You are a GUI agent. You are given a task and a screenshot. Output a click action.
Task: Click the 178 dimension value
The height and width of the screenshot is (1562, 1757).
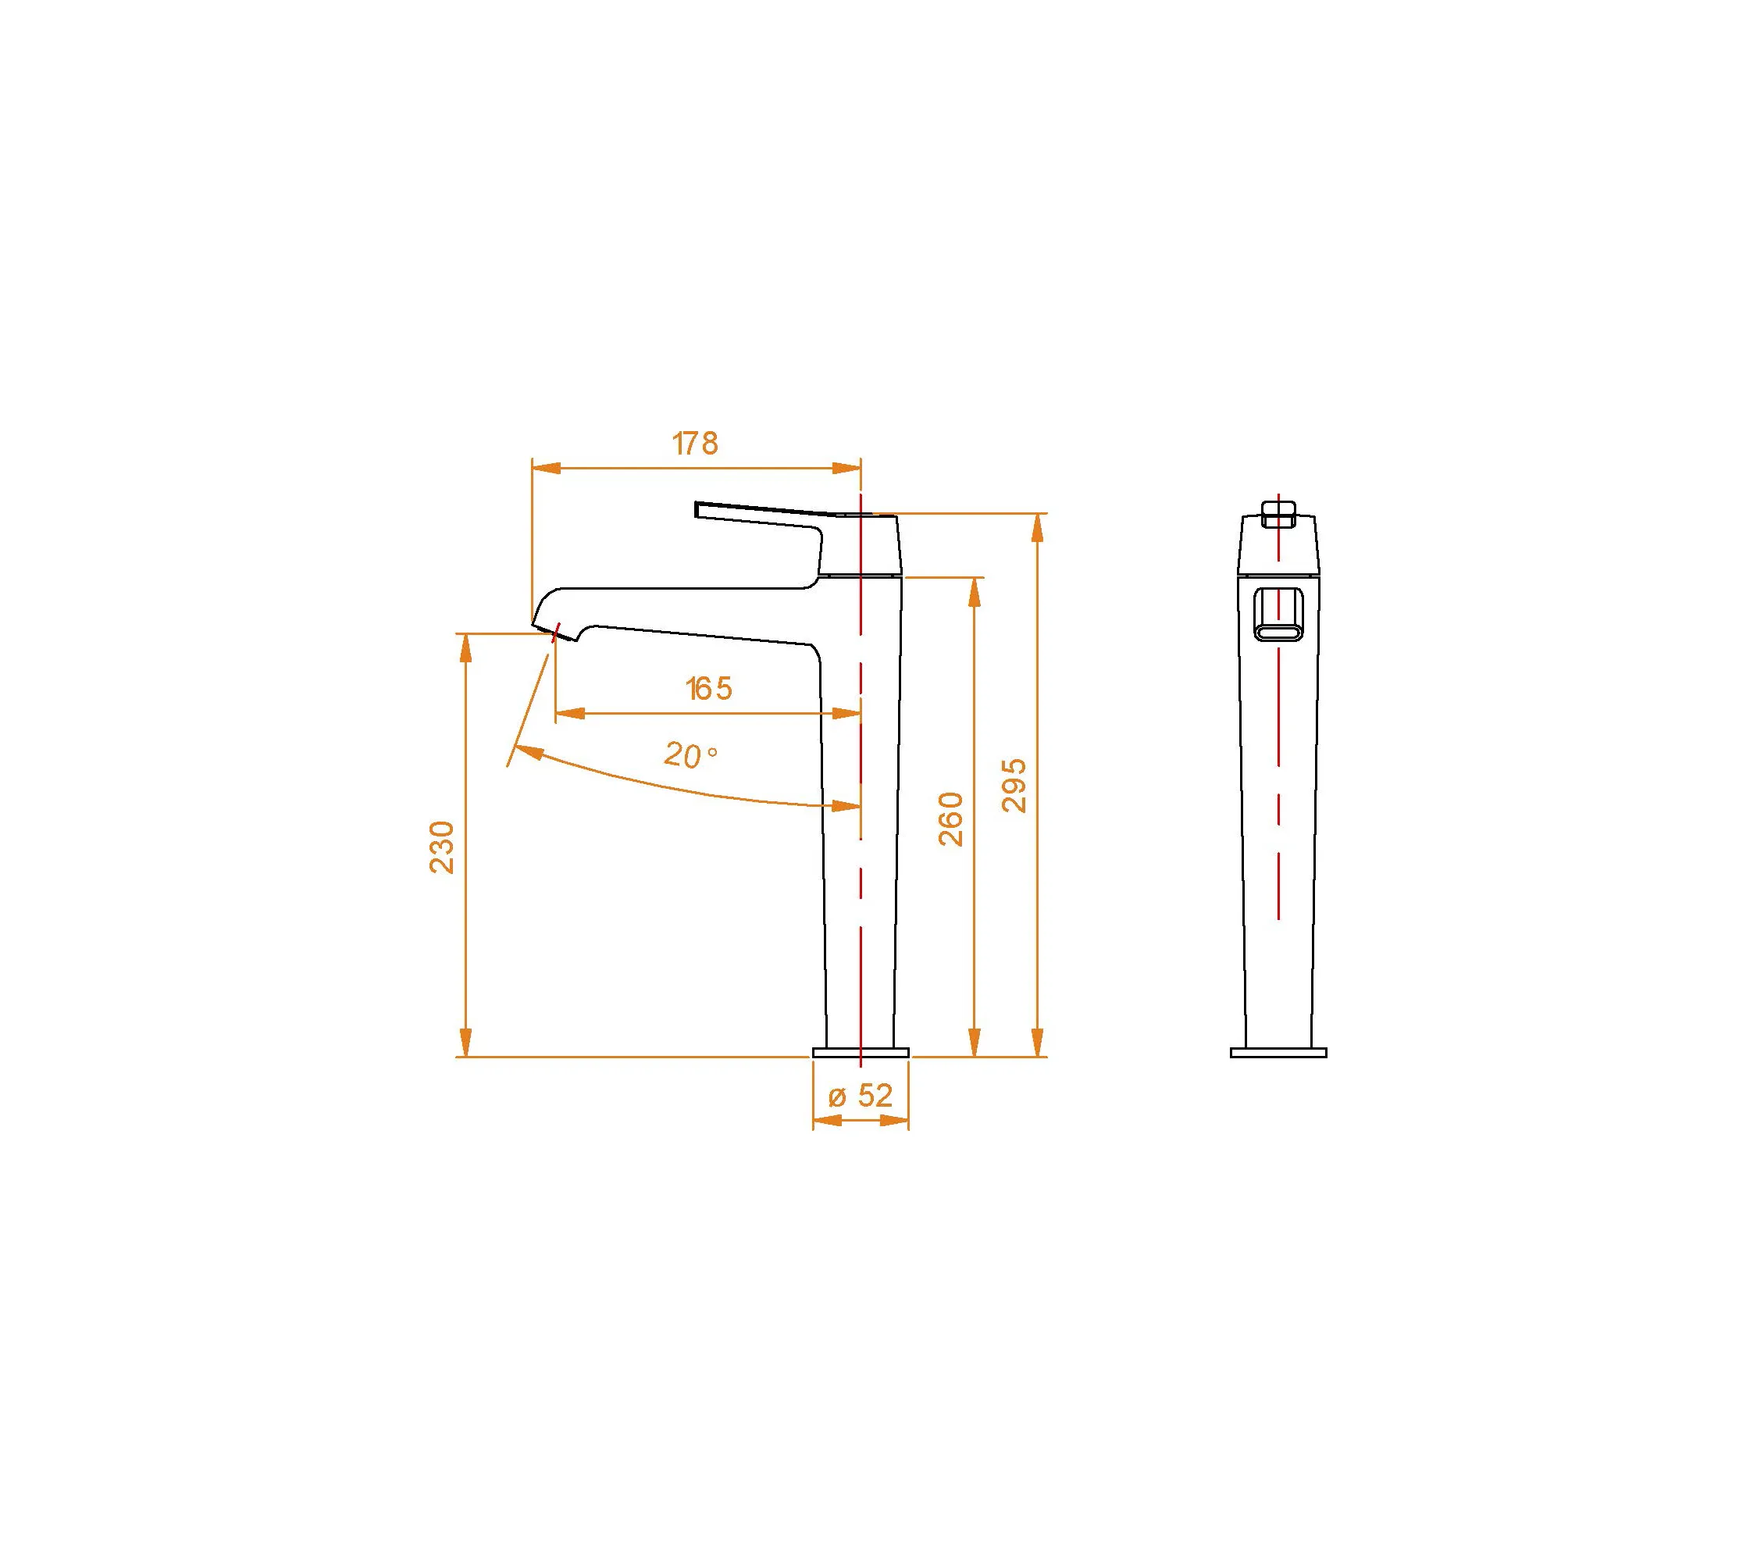(694, 444)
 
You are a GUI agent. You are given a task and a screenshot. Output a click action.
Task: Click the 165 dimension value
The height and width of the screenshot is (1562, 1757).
(709, 689)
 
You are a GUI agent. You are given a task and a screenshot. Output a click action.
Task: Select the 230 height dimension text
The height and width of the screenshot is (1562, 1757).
(442, 847)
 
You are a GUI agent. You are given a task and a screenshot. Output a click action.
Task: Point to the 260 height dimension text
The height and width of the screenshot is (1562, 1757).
(950, 819)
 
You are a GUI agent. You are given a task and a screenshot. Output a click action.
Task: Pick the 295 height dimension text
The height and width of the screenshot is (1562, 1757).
(1014, 785)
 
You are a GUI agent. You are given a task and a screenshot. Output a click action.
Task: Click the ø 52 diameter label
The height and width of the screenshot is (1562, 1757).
(861, 1095)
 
